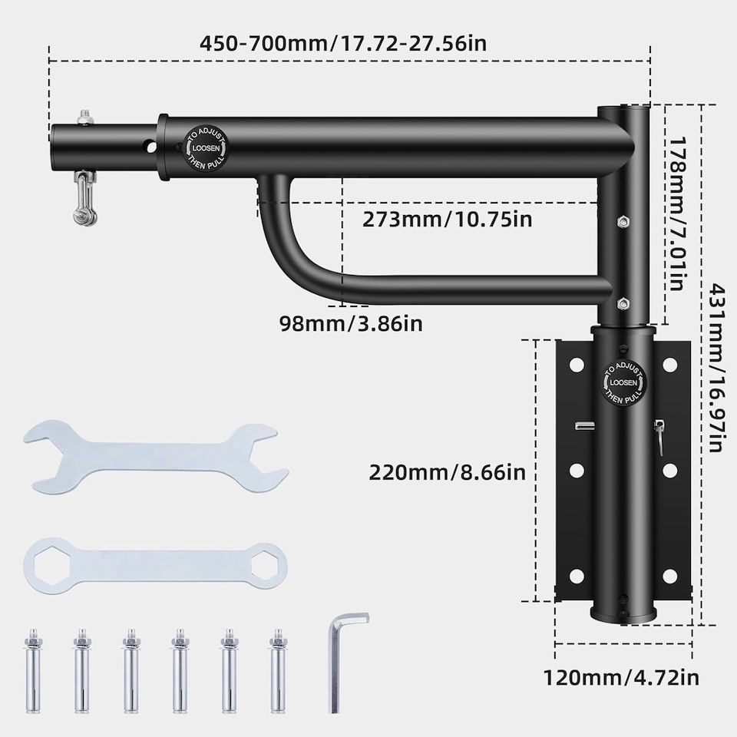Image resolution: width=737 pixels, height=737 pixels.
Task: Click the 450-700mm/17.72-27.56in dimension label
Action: coord(343,43)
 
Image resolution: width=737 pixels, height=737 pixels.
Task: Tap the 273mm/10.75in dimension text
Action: coord(447,219)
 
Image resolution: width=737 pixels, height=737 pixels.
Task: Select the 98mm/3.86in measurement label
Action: coord(351,323)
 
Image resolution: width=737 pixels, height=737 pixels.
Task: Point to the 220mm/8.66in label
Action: coord(447,472)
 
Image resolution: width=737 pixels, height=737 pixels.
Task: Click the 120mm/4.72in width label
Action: coord(621,678)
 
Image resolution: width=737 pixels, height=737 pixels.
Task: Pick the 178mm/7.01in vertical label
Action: coord(678,214)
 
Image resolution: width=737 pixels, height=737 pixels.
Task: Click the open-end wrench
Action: coord(155,456)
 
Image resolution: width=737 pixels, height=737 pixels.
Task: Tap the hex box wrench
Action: coord(155,566)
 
